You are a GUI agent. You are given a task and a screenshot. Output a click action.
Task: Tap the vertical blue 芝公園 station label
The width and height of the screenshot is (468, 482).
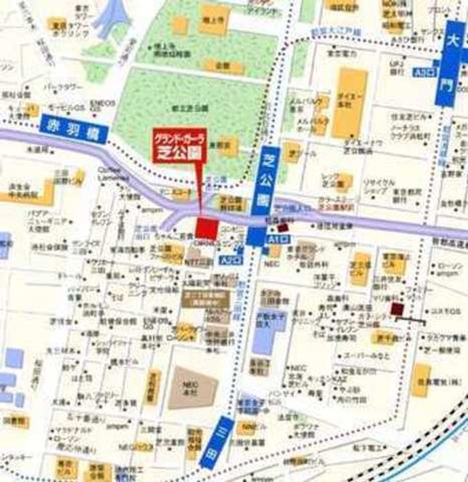(x=264, y=190)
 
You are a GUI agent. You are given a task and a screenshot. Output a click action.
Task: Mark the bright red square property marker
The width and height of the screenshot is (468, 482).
(x=207, y=228)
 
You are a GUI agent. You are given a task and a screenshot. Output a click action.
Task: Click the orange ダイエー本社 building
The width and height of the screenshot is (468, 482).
(x=349, y=104)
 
